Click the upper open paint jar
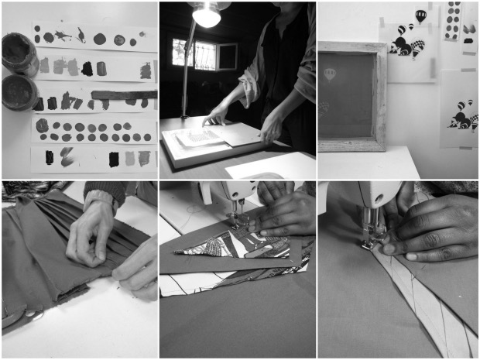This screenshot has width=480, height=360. tap(19, 53)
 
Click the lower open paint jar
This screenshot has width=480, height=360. tap(19, 91)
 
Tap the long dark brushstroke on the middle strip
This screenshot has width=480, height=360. tap(124, 95)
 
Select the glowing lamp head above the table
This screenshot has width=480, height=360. tap(205, 15)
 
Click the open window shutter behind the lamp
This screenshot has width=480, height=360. tap(226, 56)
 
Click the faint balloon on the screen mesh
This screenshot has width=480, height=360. tap(331, 75)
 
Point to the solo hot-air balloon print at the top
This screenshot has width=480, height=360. tap(420, 15)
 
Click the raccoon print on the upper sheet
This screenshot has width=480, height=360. tap(404, 43)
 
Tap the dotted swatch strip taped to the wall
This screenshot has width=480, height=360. tap(452, 19)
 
